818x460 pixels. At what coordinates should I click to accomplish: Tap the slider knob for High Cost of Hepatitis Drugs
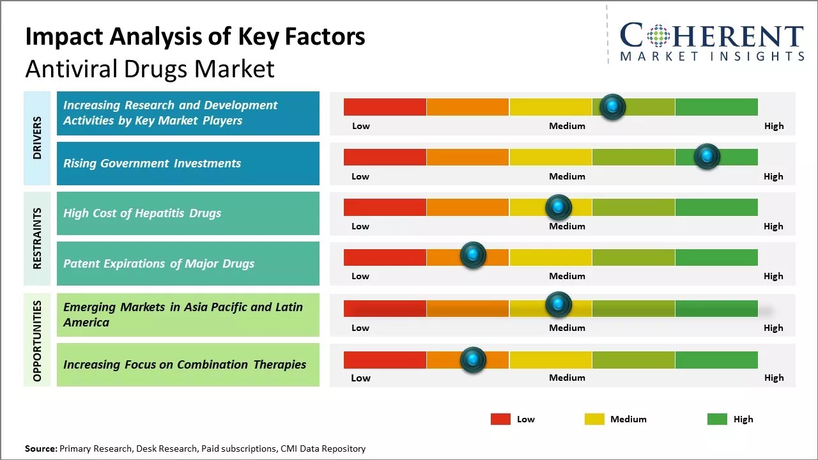click(558, 207)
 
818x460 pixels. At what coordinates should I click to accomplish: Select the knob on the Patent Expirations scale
click(473, 255)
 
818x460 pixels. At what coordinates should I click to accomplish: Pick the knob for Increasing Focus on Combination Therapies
click(473, 360)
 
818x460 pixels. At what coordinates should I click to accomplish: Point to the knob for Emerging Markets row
click(558, 305)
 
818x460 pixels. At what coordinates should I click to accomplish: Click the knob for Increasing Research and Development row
click(612, 107)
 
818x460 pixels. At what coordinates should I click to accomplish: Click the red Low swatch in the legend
click(500, 419)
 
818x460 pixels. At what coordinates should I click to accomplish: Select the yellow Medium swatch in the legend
click(594, 419)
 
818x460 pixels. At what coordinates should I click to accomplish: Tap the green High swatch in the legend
click(717, 419)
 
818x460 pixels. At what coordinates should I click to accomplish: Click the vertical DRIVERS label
click(37, 137)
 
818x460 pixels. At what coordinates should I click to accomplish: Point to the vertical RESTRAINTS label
click(37, 238)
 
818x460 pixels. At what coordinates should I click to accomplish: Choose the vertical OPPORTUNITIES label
click(37, 341)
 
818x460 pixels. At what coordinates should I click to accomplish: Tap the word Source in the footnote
click(40, 448)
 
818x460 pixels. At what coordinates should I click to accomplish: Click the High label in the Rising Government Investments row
click(773, 176)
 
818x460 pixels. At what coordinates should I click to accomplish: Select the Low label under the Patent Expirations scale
click(360, 276)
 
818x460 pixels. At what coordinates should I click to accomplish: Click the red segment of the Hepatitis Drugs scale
click(385, 207)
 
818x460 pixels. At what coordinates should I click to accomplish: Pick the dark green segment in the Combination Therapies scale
click(716, 360)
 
